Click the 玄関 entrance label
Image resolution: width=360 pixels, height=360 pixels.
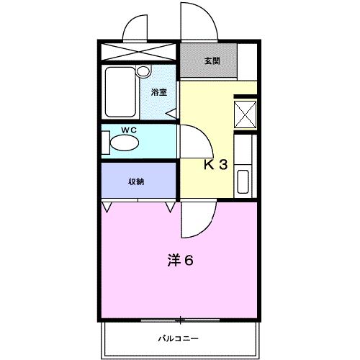coord(211,61)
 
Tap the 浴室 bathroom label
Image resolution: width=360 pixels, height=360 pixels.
coord(158,92)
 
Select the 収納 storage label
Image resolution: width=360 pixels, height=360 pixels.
coord(136,181)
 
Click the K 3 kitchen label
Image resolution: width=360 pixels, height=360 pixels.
coord(215,164)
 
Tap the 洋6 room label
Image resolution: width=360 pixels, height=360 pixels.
coord(180,260)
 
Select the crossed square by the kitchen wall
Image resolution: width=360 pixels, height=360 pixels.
coord(246,114)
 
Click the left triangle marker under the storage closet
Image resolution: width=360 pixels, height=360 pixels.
coord(107,207)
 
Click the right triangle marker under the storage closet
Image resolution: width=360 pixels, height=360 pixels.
coord(171,207)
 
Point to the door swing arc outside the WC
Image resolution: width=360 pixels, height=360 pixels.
coord(191,140)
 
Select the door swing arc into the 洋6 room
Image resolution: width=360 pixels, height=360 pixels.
coord(196,220)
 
